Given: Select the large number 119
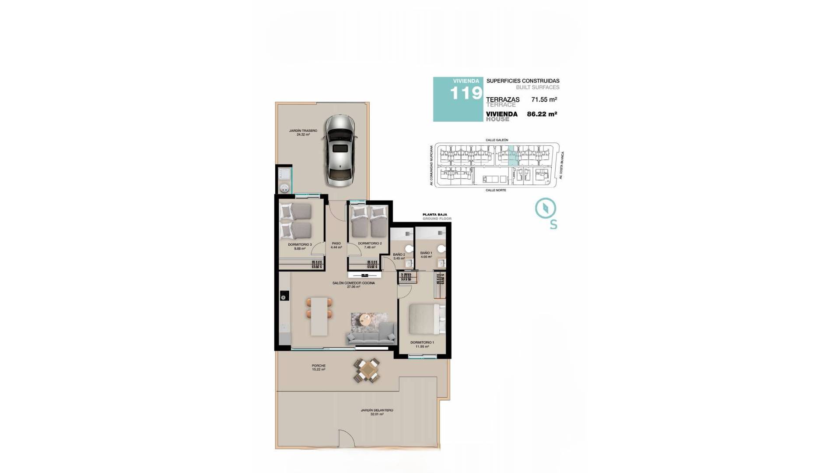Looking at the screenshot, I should [466, 93].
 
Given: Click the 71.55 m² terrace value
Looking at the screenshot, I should [544, 100].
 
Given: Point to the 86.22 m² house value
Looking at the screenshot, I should [542, 114].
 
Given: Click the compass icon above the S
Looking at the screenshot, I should [546, 208].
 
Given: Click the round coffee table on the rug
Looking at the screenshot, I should [365, 320].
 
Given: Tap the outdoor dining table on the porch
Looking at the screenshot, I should [367, 371].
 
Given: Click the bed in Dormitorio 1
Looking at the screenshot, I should [423, 319].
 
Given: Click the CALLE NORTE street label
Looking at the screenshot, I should [496, 191].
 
